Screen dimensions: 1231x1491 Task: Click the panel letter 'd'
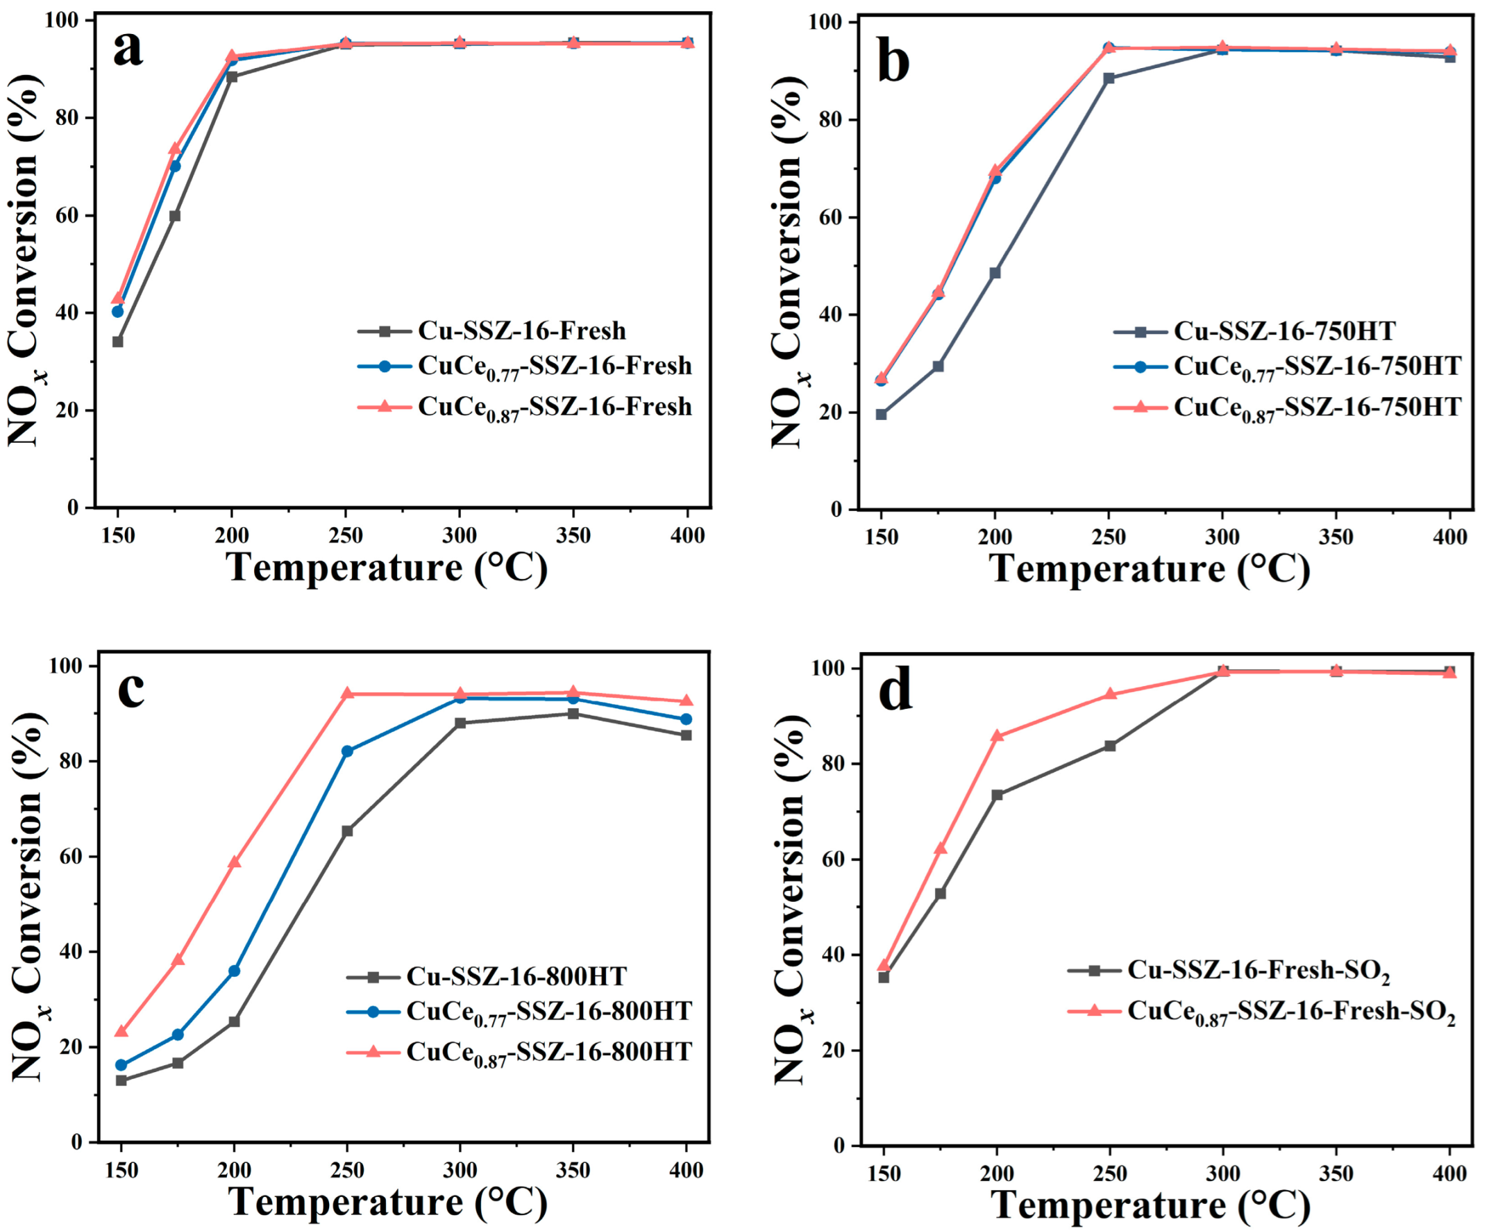click(895, 691)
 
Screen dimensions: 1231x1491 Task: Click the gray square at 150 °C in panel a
click(118, 342)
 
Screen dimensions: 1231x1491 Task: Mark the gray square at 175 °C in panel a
click(175, 216)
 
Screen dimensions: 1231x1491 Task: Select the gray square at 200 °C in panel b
click(995, 273)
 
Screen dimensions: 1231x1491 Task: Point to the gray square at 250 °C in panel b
click(1109, 78)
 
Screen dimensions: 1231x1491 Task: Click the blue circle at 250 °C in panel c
click(347, 751)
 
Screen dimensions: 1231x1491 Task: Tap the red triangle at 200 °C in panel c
click(234, 862)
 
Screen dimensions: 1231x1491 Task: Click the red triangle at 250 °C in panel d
click(1110, 694)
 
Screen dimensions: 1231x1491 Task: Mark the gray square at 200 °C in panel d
click(997, 795)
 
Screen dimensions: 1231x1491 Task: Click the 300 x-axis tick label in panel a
click(460, 535)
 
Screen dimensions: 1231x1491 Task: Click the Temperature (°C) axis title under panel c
click(388, 1202)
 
